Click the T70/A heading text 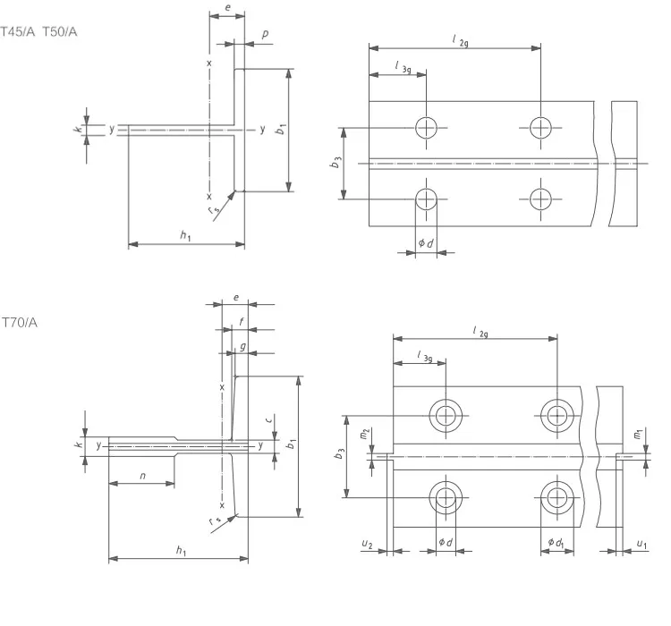[x=19, y=322]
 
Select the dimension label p [x=265, y=34]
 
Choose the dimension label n [x=141, y=476]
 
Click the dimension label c [x=270, y=418]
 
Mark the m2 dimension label [x=364, y=434]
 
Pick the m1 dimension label [x=637, y=434]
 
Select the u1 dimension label [x=641, y=544]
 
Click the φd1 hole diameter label [x=556, y=542]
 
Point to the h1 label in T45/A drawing [x=184, y=235]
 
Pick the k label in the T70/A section [x=79, y=444]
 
